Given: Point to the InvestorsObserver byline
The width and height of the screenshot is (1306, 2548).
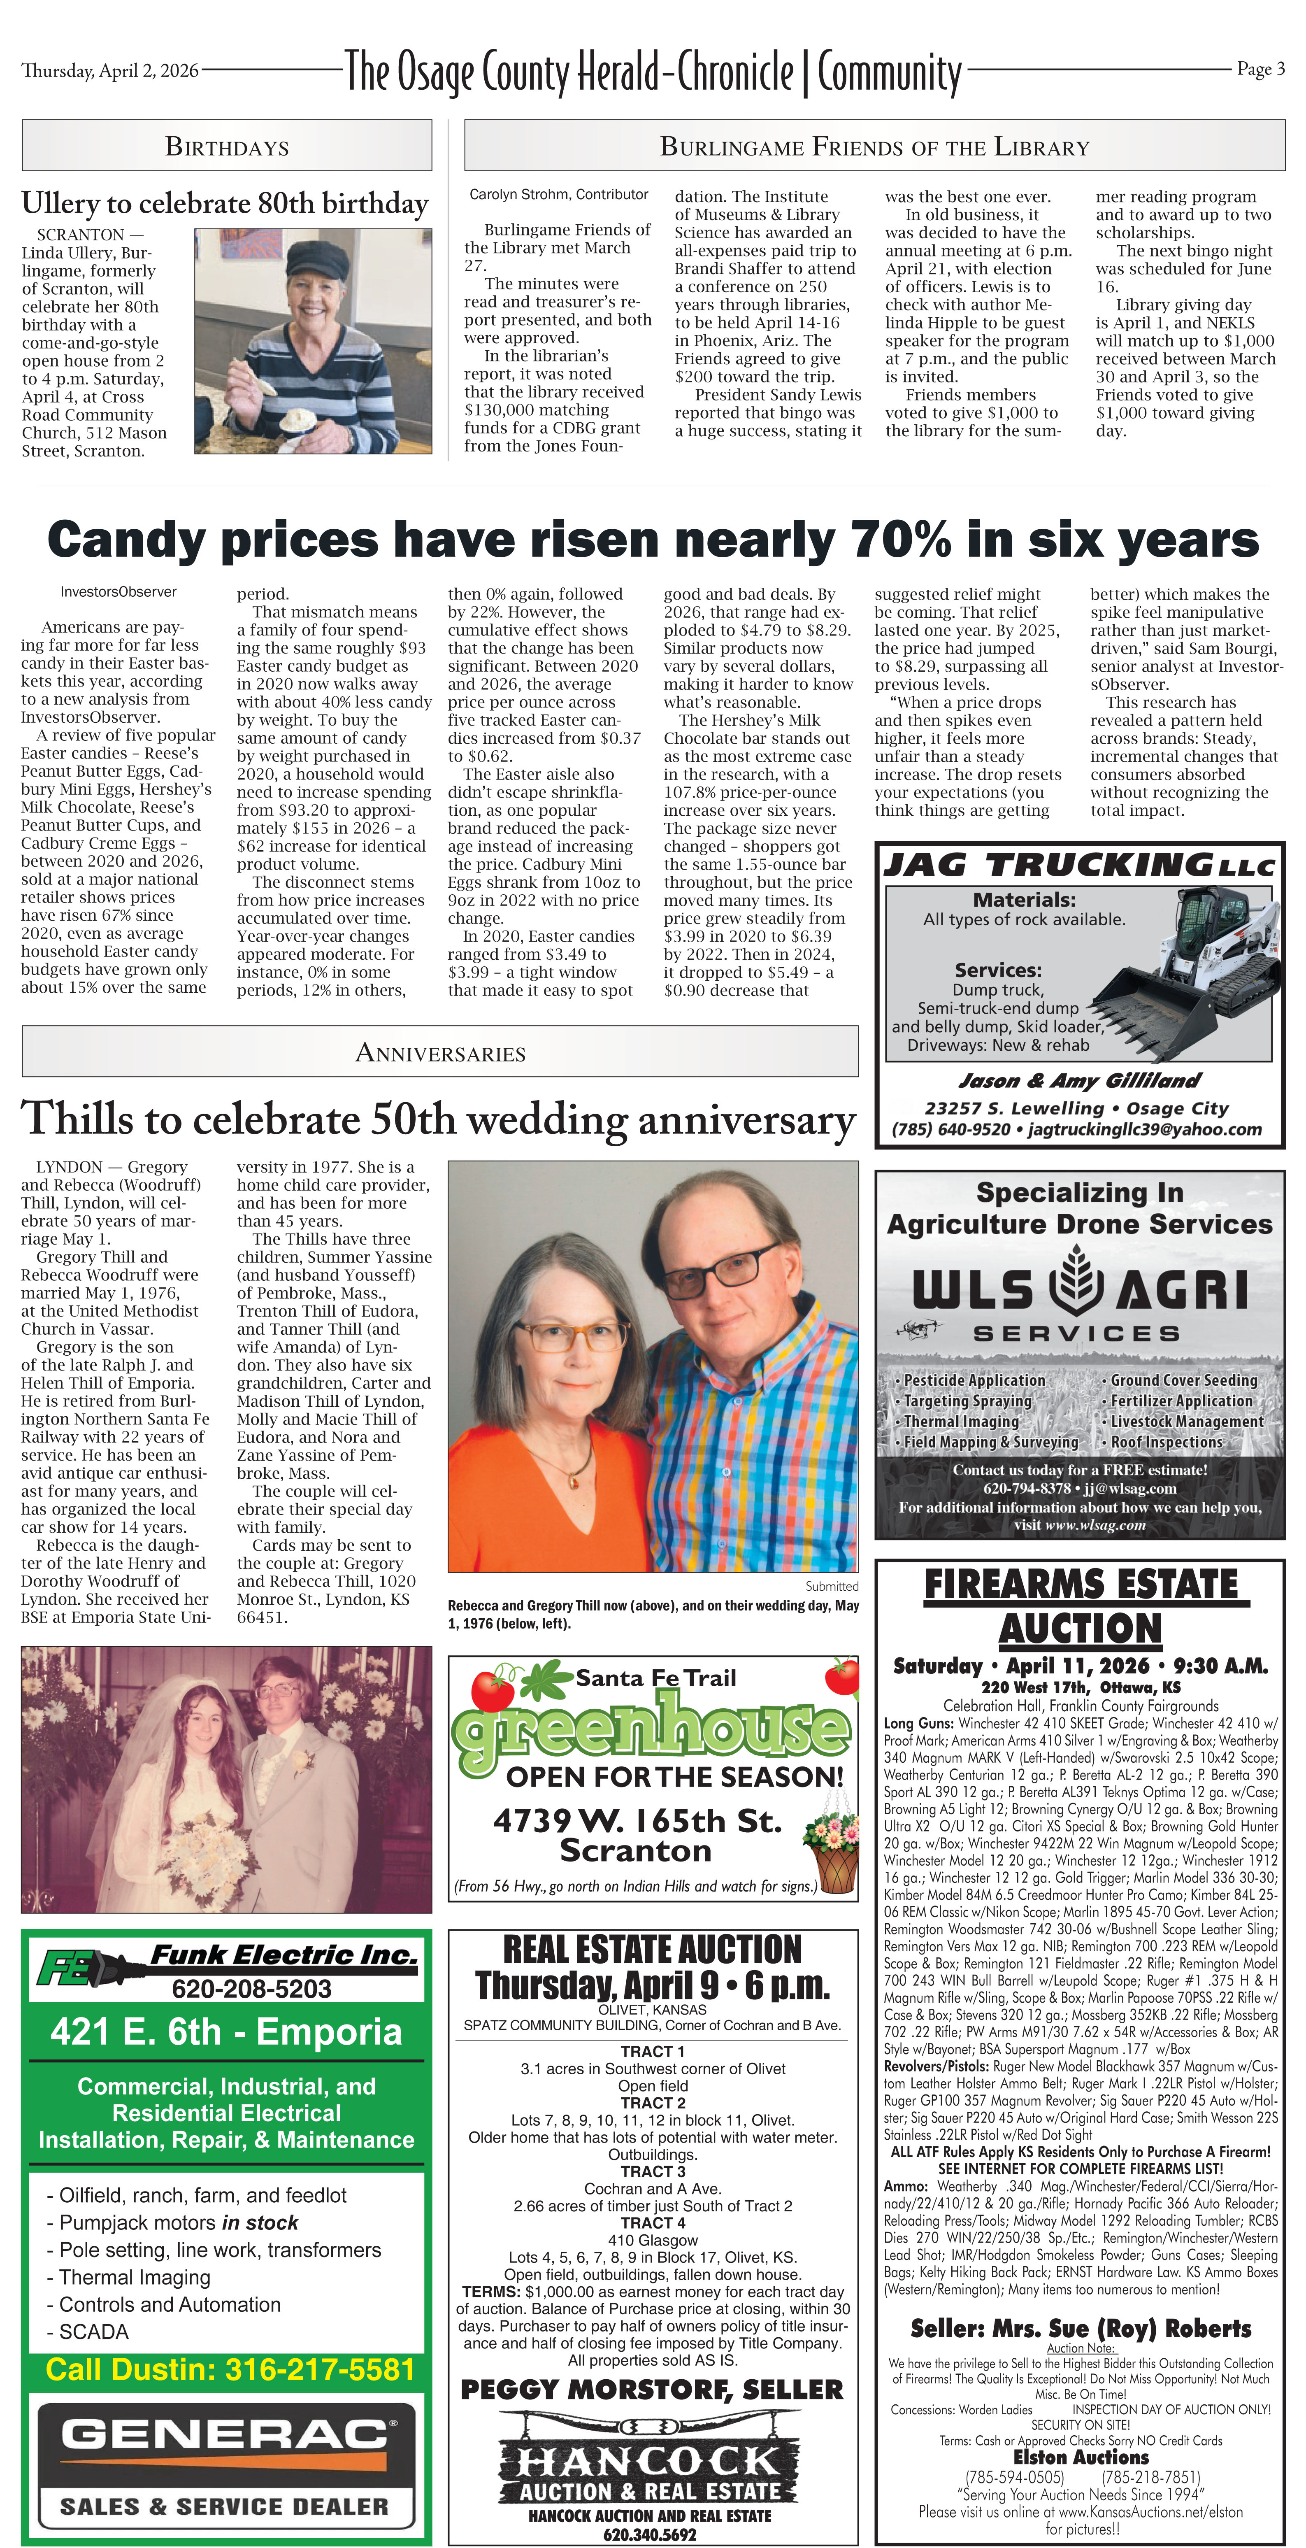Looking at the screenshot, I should [x=119, y=591].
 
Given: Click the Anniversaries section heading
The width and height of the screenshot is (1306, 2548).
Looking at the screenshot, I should [x=440, y=1052].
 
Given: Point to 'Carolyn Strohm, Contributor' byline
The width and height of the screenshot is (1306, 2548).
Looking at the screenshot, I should [x=559, y=195].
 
